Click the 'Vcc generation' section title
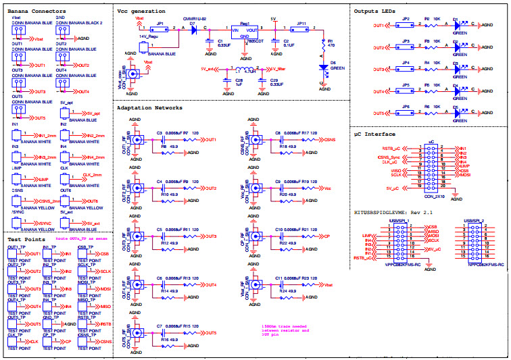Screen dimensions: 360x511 [142, 12]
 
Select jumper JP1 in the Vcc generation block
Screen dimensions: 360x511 [161, 30]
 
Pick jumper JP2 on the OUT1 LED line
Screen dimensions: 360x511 [406, 26]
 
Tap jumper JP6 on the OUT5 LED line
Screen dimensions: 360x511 [406, 113]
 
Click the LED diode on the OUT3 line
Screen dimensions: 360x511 [457, 70]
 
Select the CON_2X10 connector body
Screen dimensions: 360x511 [431, 170]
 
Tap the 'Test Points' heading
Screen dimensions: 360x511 [26, 239]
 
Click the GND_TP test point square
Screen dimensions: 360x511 [50, 324]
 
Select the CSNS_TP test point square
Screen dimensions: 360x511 [85, 342]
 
